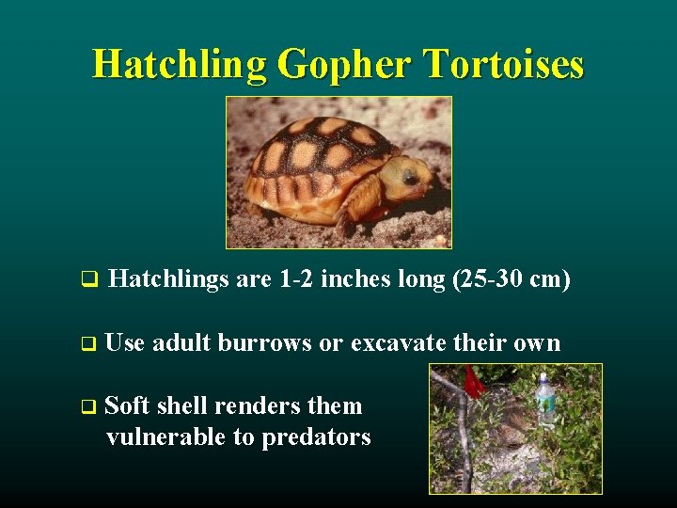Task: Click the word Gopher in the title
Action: click(x=340, y=64)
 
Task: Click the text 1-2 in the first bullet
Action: click(x=296, y=279)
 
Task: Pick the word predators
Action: click(x=319, y=437)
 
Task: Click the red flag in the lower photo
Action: click(x=474, y=381)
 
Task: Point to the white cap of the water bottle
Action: click(x=544, y=376)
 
